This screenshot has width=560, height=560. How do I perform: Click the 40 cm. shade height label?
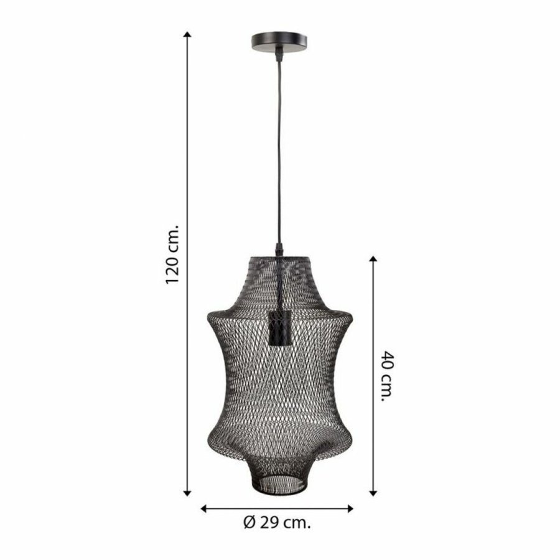387,376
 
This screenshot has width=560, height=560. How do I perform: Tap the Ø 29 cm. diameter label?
277,523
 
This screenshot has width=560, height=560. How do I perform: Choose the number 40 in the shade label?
387,363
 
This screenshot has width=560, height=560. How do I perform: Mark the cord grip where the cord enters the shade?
278,250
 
